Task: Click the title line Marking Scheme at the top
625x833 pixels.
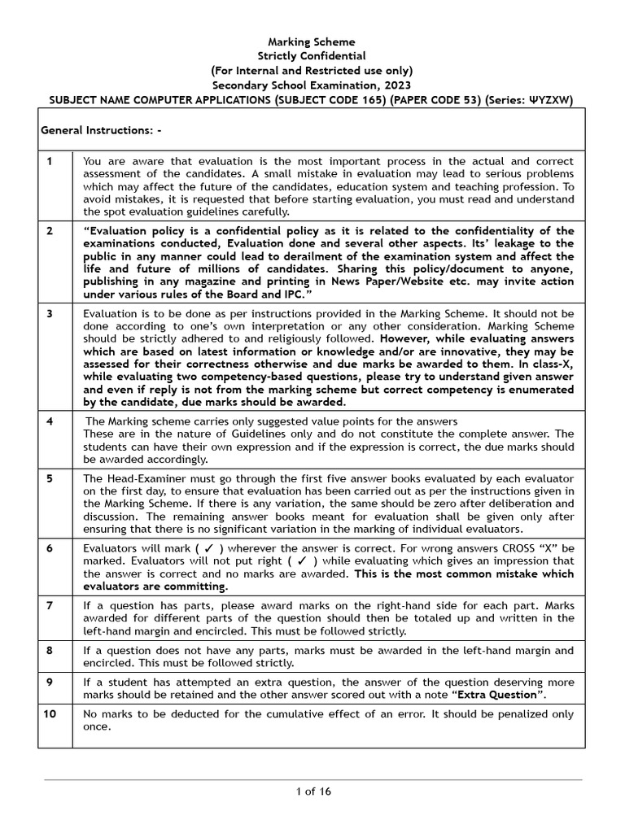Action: coord(312,41)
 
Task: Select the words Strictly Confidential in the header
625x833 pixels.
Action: coord(312,56)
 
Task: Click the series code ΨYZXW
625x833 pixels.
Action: coord(550,99)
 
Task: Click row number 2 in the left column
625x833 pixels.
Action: coord(50,231)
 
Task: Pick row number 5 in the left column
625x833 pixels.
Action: coord(50,478)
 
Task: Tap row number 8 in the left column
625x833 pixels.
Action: coord(50,651)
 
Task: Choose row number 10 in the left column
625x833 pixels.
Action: coord(50,713)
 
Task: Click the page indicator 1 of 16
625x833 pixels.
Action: coord(312,792)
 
